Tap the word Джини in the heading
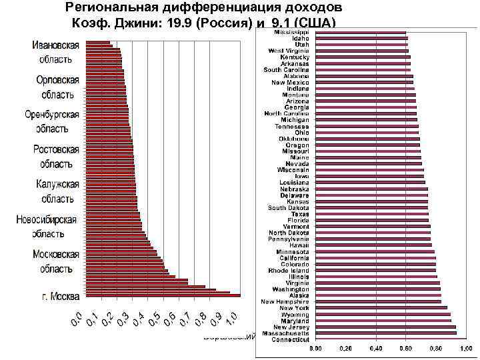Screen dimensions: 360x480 (x=145, y=24)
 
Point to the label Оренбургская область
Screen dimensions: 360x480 (x=52, y=121)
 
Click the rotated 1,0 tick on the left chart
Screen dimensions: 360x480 (x=229, y=319)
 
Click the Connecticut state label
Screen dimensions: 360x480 (x=291, y=339)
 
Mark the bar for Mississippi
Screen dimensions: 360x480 (x=360, y=32)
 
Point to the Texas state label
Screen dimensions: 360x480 (x=300, y=214)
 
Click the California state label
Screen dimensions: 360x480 (x=294, y=258)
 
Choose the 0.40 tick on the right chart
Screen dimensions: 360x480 (x=376, y=349)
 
